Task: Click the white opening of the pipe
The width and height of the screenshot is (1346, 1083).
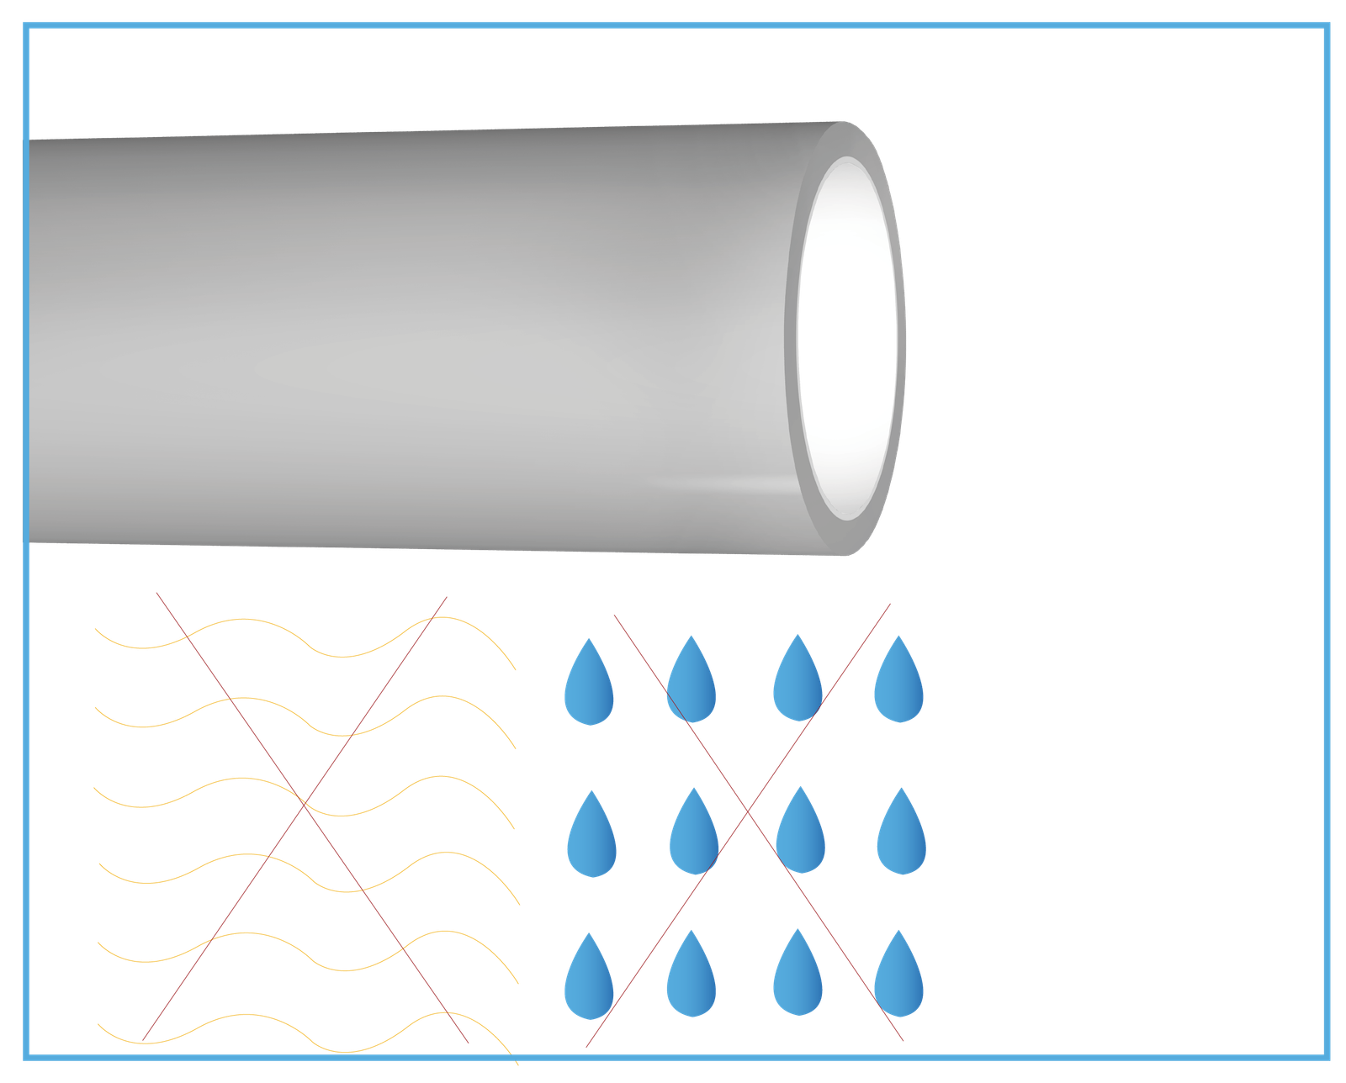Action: (845, 336)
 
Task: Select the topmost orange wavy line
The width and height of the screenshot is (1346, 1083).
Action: (244, 620)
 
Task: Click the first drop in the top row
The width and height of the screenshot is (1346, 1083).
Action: (589, 689)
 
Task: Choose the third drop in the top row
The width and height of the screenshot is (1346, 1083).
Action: (798, 686)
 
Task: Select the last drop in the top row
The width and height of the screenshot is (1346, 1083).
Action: (898, 686)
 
